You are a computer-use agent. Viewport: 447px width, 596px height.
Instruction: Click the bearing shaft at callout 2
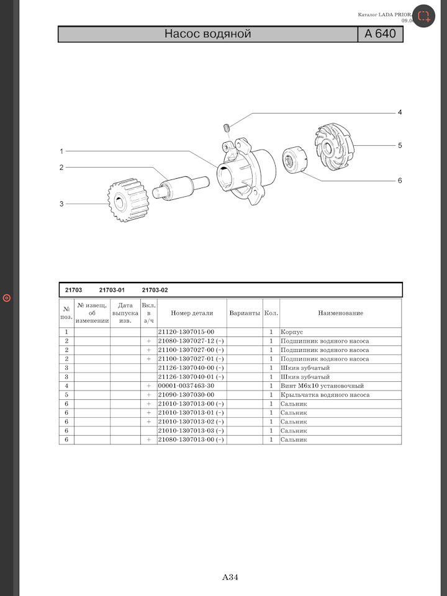181,186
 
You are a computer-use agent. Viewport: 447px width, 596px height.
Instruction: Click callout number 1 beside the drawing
61,151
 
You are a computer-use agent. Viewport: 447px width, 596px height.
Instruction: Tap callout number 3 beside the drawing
61,204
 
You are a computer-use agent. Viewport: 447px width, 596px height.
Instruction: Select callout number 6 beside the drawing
399,181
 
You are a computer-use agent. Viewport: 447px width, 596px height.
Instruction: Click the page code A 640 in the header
380,34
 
